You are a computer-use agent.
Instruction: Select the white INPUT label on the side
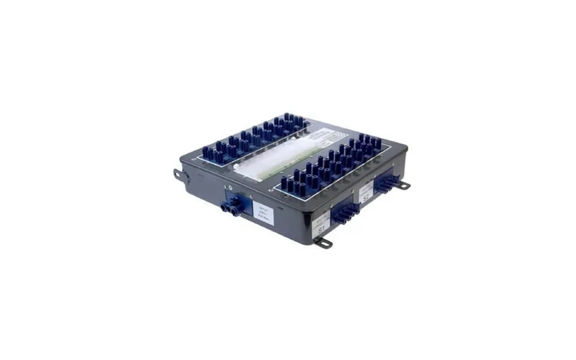tap(265, 214)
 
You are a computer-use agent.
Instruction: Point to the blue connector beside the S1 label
tap(344, 212)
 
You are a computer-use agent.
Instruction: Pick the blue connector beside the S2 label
tap(386, 182)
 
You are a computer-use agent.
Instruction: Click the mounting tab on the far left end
tap(179, 175)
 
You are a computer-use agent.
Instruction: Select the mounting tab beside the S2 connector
tap(403, 185)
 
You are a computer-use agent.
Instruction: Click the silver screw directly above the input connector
tap(230, 187)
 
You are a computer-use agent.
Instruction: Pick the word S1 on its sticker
tap(322, 229)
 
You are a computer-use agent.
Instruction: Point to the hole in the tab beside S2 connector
tap(405, 185)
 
